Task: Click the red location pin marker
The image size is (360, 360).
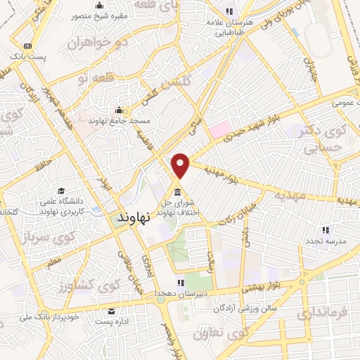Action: (181, 165)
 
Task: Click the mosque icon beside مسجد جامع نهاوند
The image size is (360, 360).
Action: (119, 110)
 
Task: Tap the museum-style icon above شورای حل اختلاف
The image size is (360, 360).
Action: (176, 192)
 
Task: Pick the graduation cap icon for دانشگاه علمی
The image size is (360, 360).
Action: (61, 191)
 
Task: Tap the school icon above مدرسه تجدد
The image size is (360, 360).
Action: (325, 229)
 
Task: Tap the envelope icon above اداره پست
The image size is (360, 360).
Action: (110, 310)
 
